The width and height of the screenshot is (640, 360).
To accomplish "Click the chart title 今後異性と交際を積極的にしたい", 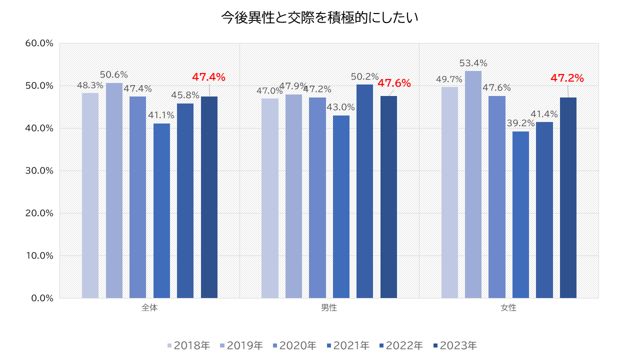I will (319, 17).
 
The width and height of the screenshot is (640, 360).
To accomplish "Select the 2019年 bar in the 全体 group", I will (114, 190).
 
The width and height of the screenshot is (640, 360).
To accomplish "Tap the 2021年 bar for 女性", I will (520, 214).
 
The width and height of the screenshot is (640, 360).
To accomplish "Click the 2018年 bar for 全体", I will (90, 195).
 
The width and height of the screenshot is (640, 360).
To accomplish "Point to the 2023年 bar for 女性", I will (568, 197).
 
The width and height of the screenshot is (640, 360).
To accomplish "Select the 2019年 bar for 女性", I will (473, 184).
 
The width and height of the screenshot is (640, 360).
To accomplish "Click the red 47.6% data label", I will (394, 83).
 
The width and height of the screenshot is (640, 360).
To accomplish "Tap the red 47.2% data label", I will (567, 78).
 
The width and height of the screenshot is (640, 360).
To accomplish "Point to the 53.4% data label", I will (473, 63).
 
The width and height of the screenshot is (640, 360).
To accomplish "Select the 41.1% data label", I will (161, 115).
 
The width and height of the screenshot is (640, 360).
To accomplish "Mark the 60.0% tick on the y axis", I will (39, 43).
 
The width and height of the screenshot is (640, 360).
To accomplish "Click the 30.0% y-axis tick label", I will (39, 170).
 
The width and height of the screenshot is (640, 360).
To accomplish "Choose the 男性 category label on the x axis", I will (329, 308).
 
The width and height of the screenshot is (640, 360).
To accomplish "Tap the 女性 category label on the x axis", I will (508, 308).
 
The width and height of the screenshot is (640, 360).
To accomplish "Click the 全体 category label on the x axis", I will (149, 308).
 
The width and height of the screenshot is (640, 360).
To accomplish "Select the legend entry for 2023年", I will (455, 345).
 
